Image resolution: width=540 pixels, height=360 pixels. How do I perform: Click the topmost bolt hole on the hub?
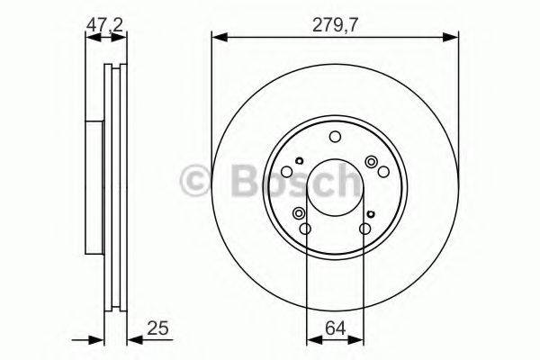335,137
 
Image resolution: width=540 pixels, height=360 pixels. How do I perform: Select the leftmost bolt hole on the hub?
287,172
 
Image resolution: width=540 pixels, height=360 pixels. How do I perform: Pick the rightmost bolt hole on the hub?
382,172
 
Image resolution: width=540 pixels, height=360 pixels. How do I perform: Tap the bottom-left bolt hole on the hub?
305,229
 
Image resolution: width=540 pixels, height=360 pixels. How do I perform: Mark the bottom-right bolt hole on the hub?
364,229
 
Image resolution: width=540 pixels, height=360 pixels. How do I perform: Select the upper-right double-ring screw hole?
371,161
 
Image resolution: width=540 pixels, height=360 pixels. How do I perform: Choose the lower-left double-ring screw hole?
298,214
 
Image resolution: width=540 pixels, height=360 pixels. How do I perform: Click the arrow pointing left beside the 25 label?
133,339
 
